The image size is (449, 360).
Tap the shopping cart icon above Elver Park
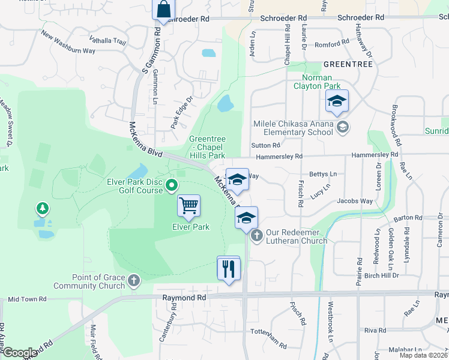click(188, 206)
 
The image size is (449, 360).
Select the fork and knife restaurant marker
click(228, 268)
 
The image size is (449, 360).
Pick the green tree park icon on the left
click(43, 208)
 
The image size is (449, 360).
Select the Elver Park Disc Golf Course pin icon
click(172, 185)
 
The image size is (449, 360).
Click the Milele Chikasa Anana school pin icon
click(342, 126)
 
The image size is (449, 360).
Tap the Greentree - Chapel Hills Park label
click(207, 147)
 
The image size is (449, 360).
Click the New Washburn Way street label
click(68, 42)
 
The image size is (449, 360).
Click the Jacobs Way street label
click(355, 201)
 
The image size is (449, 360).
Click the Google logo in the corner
click(20, 353)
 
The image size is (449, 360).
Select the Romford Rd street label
click(331, 43)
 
